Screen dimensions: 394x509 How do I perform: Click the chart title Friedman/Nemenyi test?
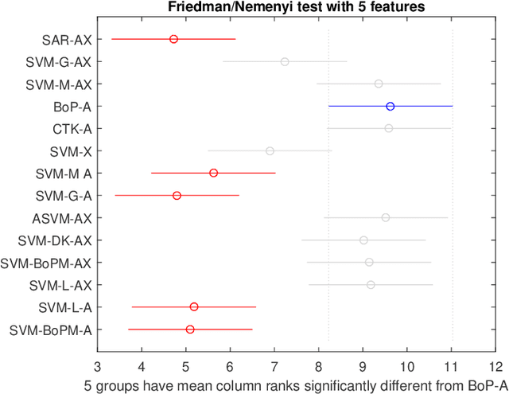pos(296,7)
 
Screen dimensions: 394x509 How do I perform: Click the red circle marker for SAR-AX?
pos(173,39)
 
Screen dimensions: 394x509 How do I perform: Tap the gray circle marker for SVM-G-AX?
pos(285,61)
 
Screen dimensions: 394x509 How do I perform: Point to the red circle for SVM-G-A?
pos(177,195)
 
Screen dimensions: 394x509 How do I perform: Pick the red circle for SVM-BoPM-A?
pos(190,329)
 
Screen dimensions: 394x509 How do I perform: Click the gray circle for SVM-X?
pos(270,150)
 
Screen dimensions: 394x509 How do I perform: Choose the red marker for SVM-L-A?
pos(194,306)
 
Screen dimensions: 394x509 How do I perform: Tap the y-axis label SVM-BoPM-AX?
pos(46,262)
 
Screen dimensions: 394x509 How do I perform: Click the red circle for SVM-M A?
pos(213,173)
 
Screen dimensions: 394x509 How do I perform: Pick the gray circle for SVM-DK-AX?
pos(363,240)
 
